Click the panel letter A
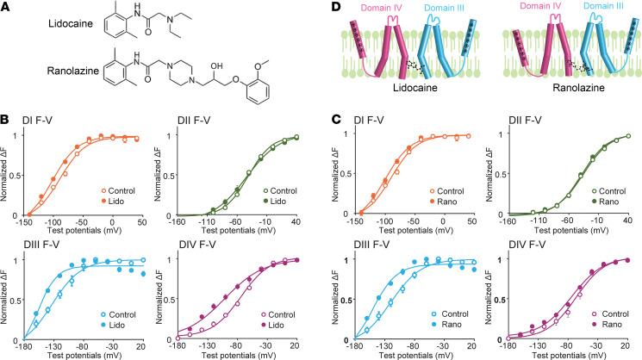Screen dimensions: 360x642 pyautogui.click(x=8, y=8)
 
